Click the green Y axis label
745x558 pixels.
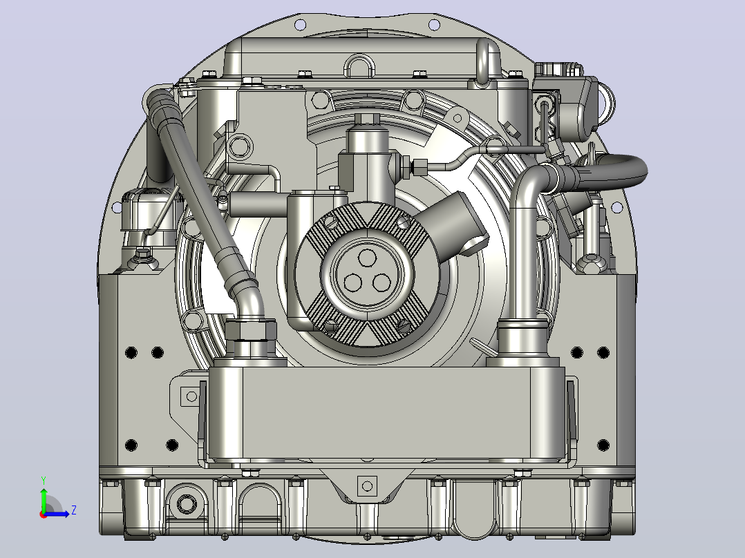[x=44, y=480]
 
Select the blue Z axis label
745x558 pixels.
[x=74, y=510]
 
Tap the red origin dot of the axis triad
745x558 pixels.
[x=44, y=514]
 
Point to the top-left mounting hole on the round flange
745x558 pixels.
[x=300, y=24]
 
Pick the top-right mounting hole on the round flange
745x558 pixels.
[x=434, y=24]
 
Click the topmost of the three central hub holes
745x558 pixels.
[x=366, y=258]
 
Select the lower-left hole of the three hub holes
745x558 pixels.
[x=352, y=283]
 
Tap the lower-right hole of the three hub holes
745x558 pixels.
[x=381, y=283]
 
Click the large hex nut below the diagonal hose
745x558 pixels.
[x=250, y=329]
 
